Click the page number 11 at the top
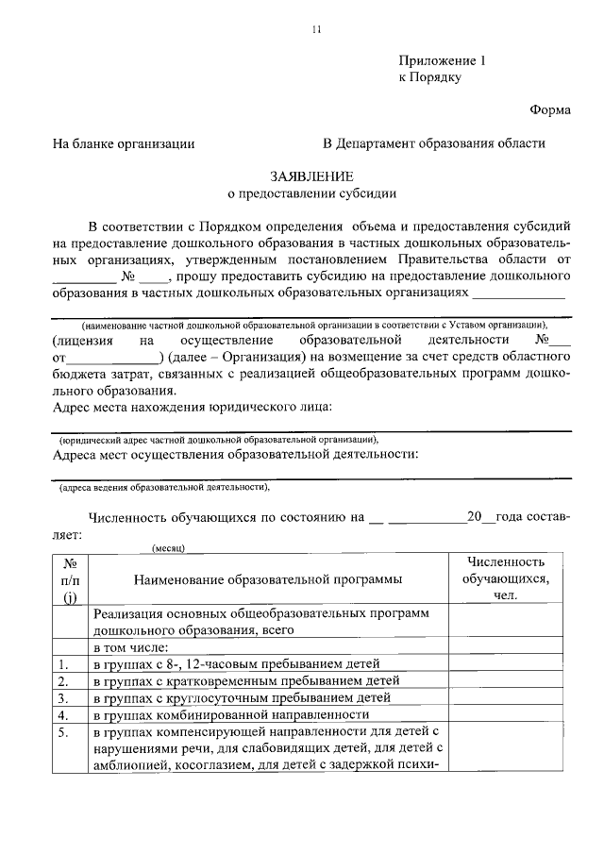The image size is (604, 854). click(317, 29)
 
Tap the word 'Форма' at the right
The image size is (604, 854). click(549, 109)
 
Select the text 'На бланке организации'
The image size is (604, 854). click(124, 143)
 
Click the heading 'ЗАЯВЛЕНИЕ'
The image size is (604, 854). click(312, 176)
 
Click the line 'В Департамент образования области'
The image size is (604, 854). click(433, 143)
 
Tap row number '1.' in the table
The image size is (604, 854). click(63, 664)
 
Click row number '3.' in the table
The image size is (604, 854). click(63, 698)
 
